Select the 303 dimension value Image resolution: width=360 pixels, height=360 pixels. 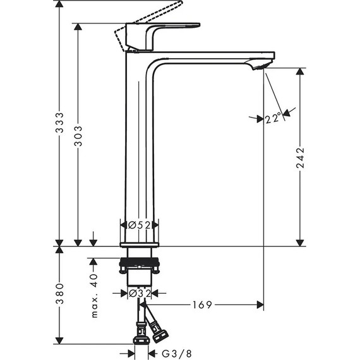78,136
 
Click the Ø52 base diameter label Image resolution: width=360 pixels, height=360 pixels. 139,225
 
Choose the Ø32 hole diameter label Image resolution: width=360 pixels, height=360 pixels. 139,294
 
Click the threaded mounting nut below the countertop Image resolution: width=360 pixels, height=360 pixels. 140,263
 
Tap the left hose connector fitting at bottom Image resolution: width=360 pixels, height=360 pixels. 140,335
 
